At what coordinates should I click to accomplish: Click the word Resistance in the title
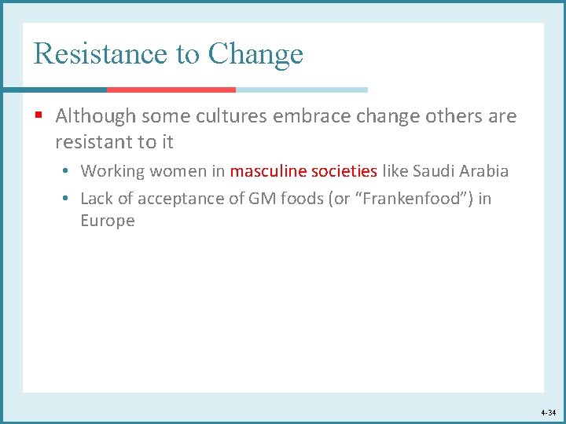tap(100, 53)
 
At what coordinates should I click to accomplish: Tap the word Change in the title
tap(255, 53)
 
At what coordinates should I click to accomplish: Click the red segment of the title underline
tap(171, 90)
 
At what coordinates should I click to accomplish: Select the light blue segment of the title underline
tap(301, 90)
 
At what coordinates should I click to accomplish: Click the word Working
tap(112, 170)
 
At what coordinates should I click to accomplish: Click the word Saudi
tap(433, 170)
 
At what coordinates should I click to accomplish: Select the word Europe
tap(108, 221)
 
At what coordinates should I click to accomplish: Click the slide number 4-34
tap(548, 412)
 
